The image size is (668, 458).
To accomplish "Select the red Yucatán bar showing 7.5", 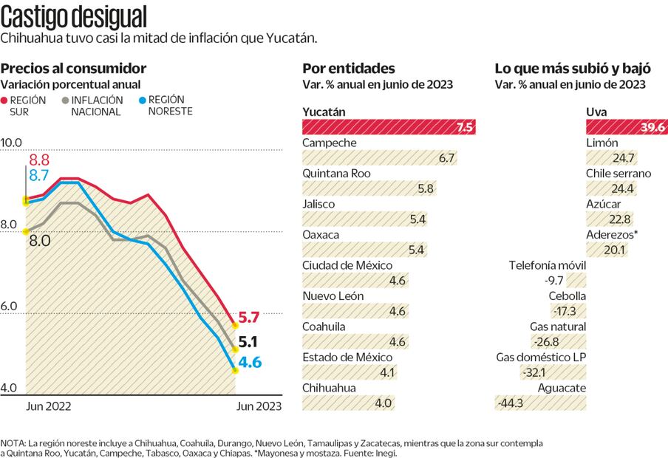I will coord(389,126).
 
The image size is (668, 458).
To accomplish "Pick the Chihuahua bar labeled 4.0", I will coord(348,403).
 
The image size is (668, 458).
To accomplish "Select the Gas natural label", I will coord(558,327).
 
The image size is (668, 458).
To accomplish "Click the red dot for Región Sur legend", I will coord(4,100).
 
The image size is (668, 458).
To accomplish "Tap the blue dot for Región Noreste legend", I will coord(142,100).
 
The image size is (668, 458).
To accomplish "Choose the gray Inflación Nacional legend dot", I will coord(67,100).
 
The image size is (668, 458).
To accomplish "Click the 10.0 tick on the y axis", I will coord(13,143).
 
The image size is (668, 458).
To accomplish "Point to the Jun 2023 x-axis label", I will coord(259,406).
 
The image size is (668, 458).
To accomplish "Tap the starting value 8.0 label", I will coord(40,240).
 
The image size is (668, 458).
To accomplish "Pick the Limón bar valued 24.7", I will coord(612,157).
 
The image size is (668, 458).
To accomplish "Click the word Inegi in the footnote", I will coord(385,453).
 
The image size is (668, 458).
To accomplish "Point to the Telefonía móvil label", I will coord(548,265).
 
